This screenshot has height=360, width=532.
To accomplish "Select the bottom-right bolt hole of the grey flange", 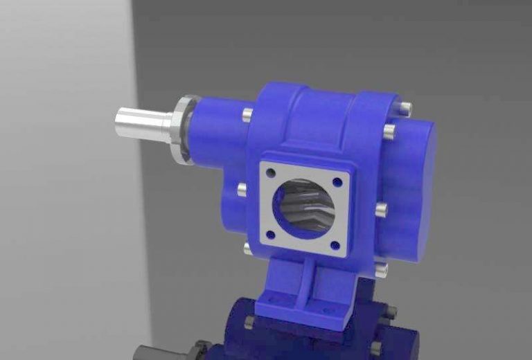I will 335,244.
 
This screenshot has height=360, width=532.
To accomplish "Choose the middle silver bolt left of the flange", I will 241,188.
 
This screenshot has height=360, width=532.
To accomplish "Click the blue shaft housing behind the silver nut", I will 215,132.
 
